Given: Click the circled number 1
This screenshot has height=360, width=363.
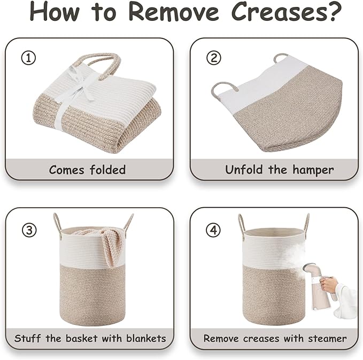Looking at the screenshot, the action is click(28, 58).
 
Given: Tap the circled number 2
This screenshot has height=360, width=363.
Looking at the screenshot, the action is click(214, 58).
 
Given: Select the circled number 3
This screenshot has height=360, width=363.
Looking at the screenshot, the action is click(29, 230).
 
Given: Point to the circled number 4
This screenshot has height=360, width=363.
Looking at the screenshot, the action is click(213, 230).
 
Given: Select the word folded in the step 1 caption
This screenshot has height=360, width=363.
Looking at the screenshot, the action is click(108, 170).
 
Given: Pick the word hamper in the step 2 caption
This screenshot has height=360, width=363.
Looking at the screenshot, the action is click(313, 171).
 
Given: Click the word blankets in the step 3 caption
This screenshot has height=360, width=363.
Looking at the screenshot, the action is click(146, 339).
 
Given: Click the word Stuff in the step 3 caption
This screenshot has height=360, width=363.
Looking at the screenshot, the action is click(28, 339).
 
